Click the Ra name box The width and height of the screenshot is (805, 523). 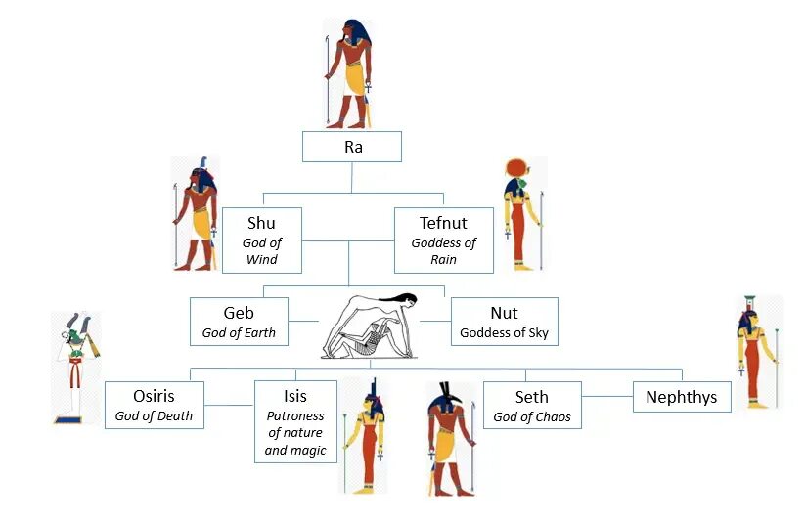click(x=352, y=147)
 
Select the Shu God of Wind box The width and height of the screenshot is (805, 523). click(x=261, y=240)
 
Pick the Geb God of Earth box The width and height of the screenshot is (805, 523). click(x=239, y=322)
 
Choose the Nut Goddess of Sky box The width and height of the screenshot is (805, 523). click(x=504, y=322)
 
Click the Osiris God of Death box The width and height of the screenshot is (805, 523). click(x=155, y=405)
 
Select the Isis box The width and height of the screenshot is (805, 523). click(x=295, y=421)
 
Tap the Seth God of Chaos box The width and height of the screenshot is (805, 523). click(x=532, y=405)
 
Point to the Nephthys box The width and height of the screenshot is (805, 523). click(x=681, y=397)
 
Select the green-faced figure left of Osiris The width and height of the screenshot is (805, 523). click(x=76, y=368)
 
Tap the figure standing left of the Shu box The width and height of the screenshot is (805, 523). click(x=196, y=213)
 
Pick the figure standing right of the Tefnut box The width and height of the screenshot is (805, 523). click(x=521, y=213)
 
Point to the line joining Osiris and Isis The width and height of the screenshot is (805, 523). click(x=229, y=405)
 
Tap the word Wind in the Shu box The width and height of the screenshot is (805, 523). click(x=261, y=259)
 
